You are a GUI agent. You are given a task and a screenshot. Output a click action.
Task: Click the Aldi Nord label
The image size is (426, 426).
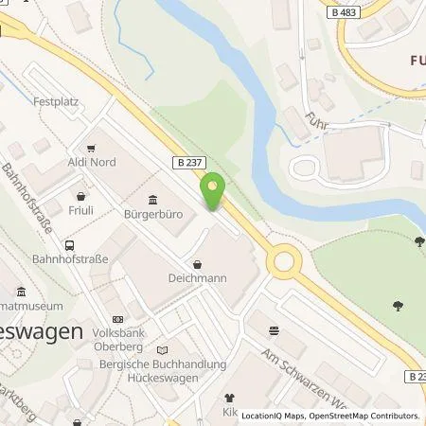click(91, 162)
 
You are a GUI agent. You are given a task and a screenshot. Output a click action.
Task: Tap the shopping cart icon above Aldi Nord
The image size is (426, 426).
click(91, 148)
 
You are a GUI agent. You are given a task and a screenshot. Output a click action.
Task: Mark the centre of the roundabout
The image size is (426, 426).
click(283, 261)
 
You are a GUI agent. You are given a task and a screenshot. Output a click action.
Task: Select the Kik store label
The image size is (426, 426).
click(227, 413)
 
